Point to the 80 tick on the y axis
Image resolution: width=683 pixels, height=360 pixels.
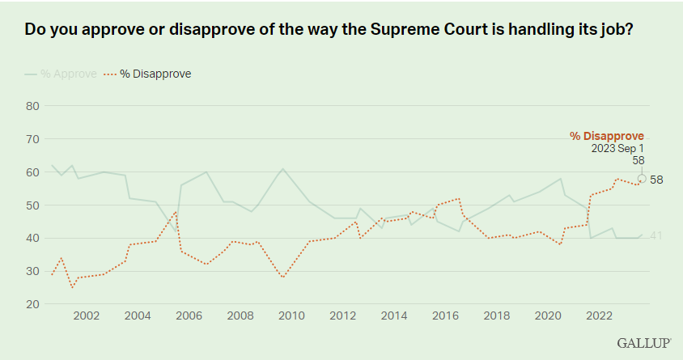coord(32,105)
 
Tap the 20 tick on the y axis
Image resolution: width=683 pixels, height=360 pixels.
coord(32,304)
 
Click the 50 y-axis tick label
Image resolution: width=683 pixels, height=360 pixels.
coord(32,205)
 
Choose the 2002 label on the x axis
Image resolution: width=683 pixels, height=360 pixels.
coord(86,316)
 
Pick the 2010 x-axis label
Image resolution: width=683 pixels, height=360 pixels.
coord(291,316)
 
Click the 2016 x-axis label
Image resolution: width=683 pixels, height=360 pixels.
coord(446,316)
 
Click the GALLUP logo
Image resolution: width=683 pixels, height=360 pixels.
coord(643,343)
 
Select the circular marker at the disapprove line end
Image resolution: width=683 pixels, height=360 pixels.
coord(643,179)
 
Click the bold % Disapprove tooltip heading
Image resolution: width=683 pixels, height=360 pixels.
coord(606,136)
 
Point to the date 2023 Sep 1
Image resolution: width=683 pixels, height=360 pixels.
coord(617,149)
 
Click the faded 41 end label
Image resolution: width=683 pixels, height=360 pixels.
coord(655,235)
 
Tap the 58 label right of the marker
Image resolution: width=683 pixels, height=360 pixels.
coord(656,179)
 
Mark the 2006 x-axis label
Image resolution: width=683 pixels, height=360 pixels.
coord(189,316)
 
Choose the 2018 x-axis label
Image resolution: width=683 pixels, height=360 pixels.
coord(497,316)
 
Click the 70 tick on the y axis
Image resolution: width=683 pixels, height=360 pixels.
coord(32,138)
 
